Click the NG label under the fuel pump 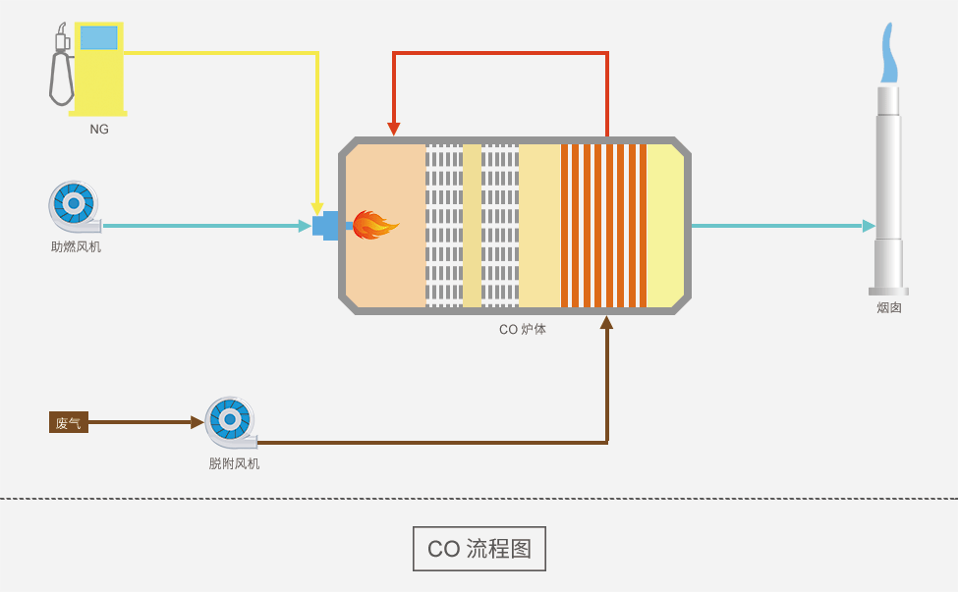pos(99,129)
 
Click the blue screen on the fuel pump pos(98,38)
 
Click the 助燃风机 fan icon pos(74,205)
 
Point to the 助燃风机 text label pos(76,246)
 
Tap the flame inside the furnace pos(374,226)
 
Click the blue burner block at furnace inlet pos(326,225)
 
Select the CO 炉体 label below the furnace pos(523,330)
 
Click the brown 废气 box pos(69,423)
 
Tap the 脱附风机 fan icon pos(230,421)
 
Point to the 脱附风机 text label pos(234,463)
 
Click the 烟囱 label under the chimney pos(889,307)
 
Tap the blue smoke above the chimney pos(889,54)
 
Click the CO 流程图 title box pos(479,549)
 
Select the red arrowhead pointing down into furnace pos(394,129)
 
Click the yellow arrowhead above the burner pos(317,209)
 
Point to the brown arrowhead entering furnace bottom pos(606,322)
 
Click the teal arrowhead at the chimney pos(869,226)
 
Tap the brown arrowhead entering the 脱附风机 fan pos(197,423)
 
